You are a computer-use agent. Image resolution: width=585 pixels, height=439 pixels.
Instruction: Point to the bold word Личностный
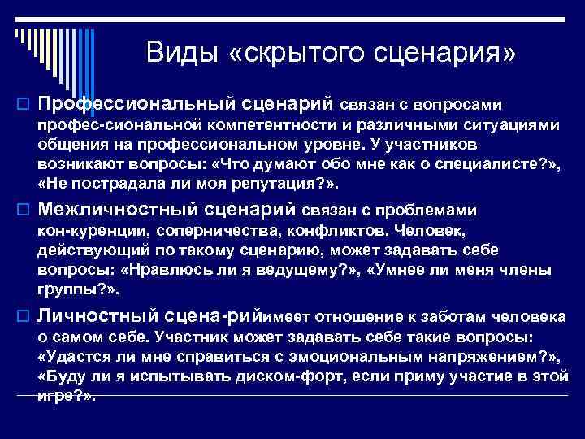click(x=97, y=315)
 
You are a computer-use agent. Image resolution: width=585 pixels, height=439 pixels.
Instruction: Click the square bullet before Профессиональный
click(x=24, y=105)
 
